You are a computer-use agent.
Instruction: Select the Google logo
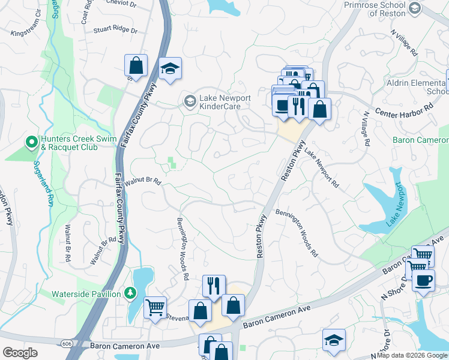pos(20,353)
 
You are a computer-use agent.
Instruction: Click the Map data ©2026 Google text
pos(412,355)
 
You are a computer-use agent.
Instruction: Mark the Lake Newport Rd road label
pos(322,170)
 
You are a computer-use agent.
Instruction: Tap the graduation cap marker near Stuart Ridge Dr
pos(170,69)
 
